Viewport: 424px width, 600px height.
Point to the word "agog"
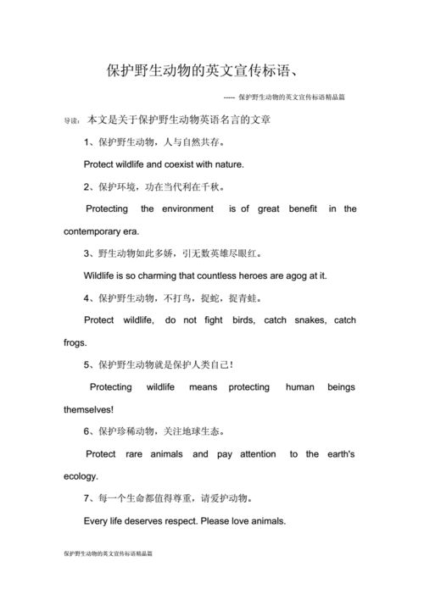[296, 275]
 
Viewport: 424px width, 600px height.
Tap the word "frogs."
[75, 342]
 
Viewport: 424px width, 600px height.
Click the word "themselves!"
[88, 409]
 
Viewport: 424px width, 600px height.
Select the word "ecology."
[81, 476]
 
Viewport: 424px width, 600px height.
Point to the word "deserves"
[153, 520]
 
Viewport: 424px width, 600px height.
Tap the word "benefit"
[303, 208]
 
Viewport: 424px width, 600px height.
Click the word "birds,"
[232, 320]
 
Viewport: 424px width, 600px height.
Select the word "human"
[300, 387]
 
